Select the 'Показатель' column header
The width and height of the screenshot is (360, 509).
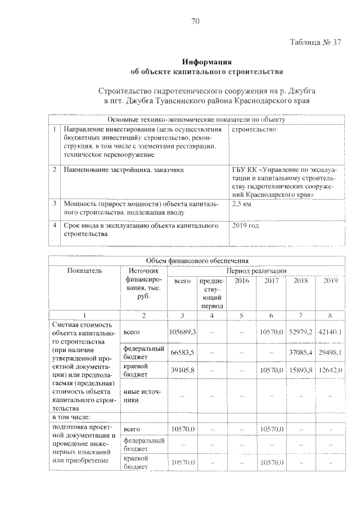click(84, 271)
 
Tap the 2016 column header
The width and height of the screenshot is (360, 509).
click(241, 280)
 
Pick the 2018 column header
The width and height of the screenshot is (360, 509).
click(300, 280)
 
